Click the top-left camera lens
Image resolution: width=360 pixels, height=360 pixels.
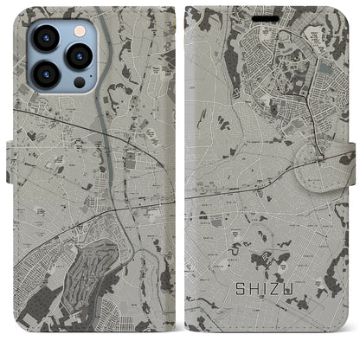coord(46,39)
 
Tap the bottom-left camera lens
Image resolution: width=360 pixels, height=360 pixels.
coord(46,73)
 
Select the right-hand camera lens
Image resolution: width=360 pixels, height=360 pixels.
coord(78,56)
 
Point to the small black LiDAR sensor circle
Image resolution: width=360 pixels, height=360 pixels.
coord(78,83)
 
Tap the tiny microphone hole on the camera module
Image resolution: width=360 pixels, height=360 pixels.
coord(62,55)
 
